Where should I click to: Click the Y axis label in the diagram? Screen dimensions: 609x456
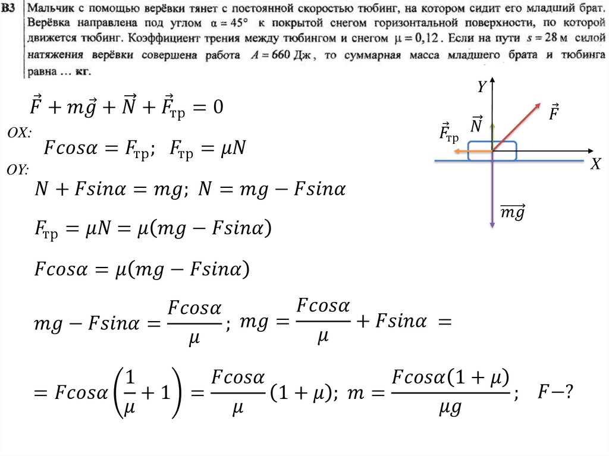click(482, 87)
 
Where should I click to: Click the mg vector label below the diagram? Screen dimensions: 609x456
click(511, 212)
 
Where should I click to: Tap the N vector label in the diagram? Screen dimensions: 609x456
click(476, 124)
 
